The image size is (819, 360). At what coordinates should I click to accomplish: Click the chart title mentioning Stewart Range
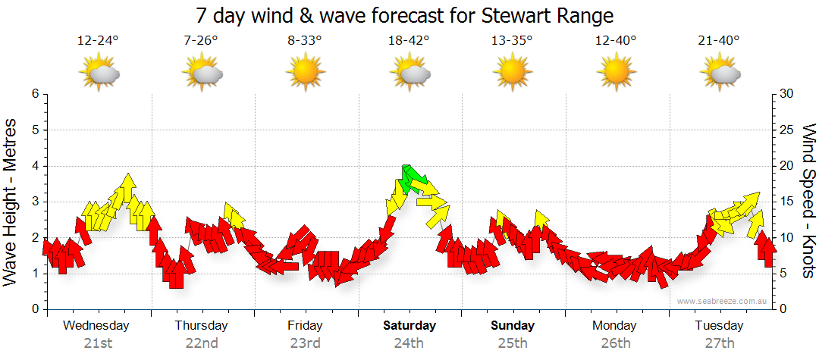(404, 16)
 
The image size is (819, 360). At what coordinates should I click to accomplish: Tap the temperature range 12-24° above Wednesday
(98, 41)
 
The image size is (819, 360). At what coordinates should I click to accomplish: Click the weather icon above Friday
(306, 73)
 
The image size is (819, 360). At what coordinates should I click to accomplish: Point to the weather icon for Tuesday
(720, 74)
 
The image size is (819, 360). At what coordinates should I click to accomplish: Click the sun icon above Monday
(616, 73)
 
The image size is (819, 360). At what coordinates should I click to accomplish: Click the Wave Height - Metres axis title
(11, 201)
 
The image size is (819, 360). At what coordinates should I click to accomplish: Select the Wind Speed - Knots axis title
(808, 201)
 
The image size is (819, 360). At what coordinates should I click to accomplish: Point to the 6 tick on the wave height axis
(35, 94)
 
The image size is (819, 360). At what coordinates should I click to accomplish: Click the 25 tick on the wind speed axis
(788, 130)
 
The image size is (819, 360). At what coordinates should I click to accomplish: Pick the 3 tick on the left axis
(35, 202)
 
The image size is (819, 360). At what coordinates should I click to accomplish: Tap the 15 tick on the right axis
(788, 202)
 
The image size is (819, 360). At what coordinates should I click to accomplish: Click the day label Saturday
(409, 326)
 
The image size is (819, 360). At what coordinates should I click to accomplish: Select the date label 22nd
(202, 343)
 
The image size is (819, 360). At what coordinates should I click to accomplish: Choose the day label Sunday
(513, 326)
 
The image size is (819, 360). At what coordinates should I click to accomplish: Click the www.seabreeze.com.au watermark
(723, 301)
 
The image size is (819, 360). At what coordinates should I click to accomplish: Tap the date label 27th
(720, 343)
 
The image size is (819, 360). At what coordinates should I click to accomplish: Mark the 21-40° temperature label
(720, 41)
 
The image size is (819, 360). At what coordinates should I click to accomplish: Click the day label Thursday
(202, 326)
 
